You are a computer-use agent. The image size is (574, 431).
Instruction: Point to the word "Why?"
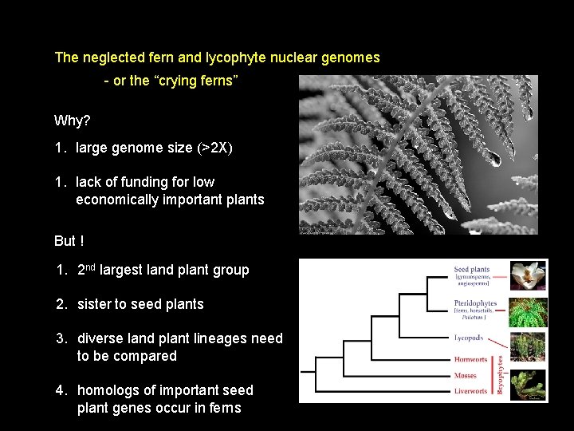72,121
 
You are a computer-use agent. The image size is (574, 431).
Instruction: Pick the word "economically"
116,200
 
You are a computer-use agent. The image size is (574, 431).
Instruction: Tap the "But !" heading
69,241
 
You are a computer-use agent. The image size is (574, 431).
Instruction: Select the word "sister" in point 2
95,304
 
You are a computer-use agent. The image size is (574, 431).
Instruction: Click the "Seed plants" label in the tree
471,270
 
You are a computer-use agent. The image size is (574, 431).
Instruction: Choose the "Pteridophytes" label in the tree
475,303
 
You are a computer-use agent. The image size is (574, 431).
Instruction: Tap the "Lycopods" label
469,338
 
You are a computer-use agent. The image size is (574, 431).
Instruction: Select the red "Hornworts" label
470,360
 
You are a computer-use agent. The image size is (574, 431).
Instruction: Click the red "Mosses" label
466,375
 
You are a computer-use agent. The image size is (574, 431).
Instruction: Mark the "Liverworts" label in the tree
471,391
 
